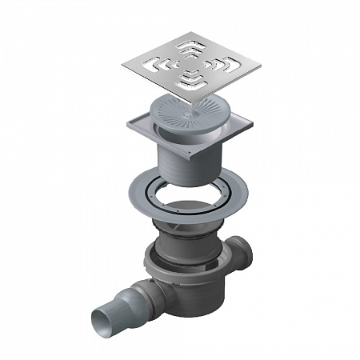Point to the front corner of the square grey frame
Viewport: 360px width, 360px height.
pos(189,159)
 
